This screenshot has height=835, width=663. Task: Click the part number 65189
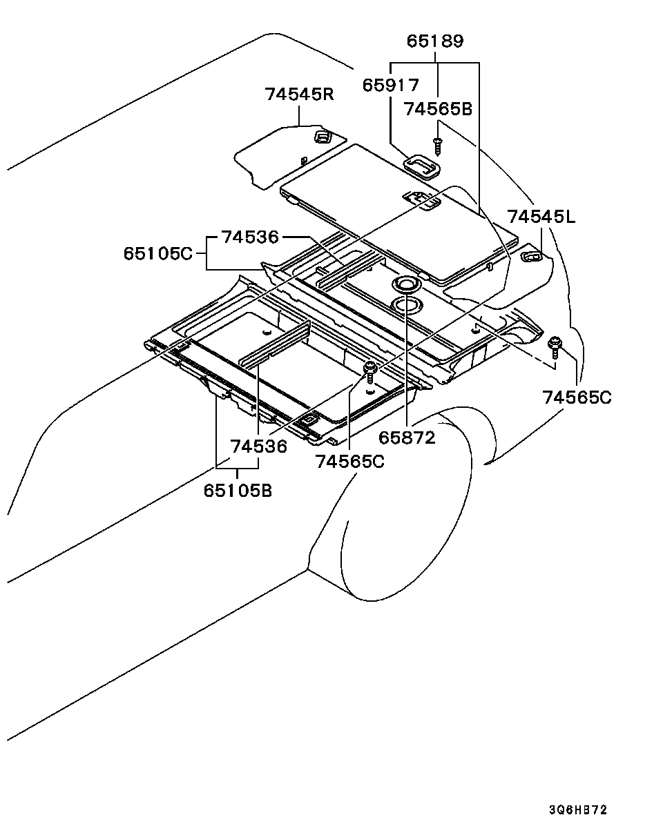coord(434,41)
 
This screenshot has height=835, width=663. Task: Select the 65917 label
coord(391,85)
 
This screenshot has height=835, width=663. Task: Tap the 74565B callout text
coord(438,108)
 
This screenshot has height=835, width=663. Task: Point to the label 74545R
coord(299,94)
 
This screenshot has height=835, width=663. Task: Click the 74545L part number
coord(541,217)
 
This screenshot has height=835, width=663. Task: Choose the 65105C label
coord(158,254)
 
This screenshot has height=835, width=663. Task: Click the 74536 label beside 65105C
coord(249,237)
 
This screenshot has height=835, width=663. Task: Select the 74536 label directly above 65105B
coord(258,446)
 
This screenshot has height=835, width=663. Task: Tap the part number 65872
coord(407,437)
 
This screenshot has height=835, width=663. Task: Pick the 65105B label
coord(237,491)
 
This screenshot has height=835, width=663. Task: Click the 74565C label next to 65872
coord(349,462)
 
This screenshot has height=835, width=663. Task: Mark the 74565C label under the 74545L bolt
coord(577,397)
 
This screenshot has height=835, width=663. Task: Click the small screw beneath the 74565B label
coord(436,146)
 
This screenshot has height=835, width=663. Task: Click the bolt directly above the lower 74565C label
coord(371,371)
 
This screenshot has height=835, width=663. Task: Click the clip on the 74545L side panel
coord(531,257)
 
